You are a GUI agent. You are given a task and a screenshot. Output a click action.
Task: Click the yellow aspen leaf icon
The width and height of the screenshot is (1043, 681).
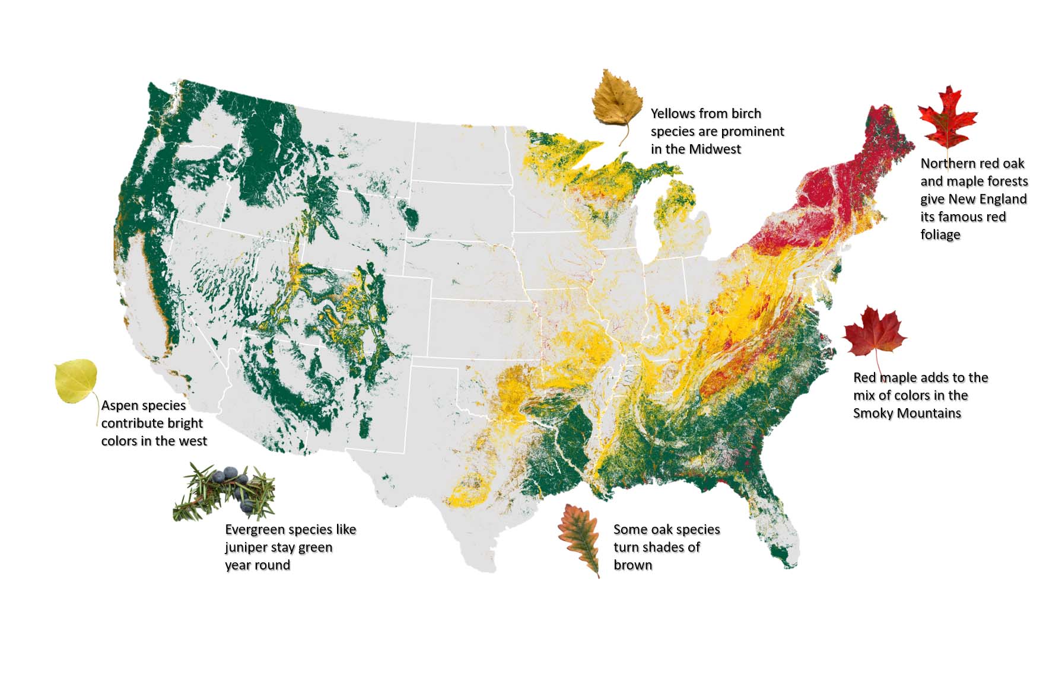click(x=76, y=381)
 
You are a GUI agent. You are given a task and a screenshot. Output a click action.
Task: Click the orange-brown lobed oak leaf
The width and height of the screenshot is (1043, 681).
click(x=578, y=537)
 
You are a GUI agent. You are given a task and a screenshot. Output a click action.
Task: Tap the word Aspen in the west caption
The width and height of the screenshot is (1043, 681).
click(x=122, y=406)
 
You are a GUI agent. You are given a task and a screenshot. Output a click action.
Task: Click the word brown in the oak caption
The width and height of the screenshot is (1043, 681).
click(x=632, y=565)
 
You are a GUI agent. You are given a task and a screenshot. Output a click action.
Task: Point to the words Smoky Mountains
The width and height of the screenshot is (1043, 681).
click(x=907, y=413)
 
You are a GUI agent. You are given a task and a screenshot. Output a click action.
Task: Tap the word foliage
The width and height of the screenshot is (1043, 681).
click(x=940, y=235)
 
